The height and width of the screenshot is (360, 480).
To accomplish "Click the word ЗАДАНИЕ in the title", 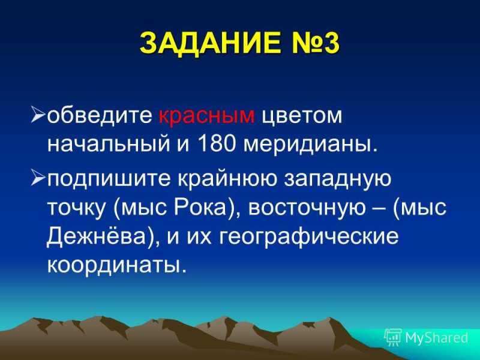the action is coord(209,43).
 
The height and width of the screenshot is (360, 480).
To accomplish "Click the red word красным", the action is coord(206,116).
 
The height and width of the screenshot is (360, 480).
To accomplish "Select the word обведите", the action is coord(100,115).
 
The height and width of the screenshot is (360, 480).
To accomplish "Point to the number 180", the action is coord(217,143).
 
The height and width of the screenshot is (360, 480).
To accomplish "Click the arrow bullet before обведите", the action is coord(38,115).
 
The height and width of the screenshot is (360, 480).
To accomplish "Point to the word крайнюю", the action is coord(227,178).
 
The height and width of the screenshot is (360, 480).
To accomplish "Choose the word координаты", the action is coord(116,265).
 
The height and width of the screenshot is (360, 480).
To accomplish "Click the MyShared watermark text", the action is coord(437,338).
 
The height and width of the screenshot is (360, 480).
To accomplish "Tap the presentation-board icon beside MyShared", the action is coord(393,338).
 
